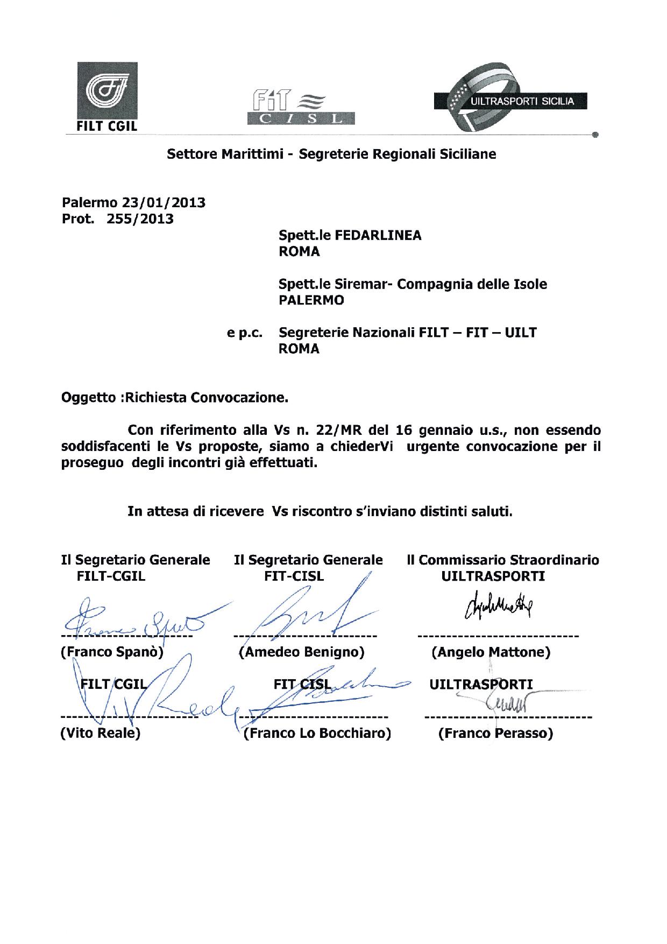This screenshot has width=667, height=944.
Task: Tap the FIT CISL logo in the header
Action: click(300, 108)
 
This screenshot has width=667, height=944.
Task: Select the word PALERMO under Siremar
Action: click(311, 300)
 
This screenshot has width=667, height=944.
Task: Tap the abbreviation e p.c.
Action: click(245, 333)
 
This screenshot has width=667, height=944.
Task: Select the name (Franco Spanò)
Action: click(112, 652)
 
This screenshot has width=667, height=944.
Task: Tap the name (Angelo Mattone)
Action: click(491, 652)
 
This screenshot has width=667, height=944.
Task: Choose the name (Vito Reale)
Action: click(101, 733)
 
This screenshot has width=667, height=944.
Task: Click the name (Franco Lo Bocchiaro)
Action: click(317, 733)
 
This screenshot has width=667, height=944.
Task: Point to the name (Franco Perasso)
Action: click(495, 733)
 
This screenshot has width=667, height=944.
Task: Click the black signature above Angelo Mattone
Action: click(495, 608)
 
